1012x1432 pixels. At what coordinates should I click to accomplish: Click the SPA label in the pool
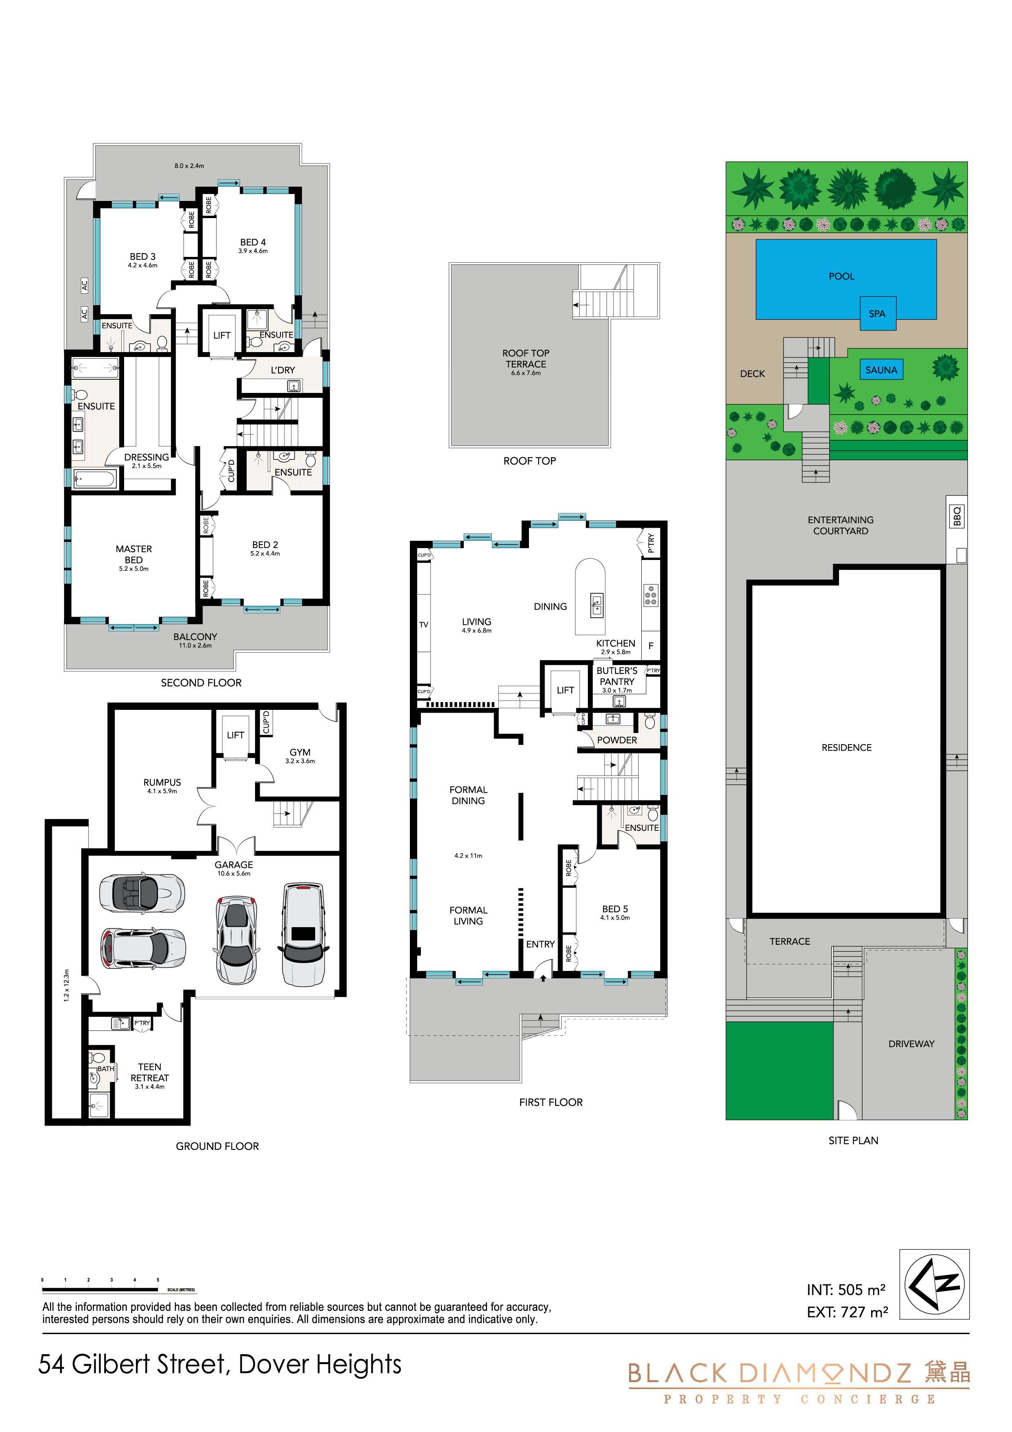(877, 314)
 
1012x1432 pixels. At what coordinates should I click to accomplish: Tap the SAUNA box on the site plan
(881, 370)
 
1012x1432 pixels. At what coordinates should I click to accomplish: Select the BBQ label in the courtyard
(958, 516)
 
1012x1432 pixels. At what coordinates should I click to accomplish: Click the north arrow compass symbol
(934, 1284)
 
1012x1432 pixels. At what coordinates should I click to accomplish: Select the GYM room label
(300, 752)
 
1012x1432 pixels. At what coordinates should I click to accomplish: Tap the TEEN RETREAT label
(150, 1072)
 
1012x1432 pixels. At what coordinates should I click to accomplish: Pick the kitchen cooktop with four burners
(650, 594)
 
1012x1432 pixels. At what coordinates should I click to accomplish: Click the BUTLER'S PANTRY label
(617, 676)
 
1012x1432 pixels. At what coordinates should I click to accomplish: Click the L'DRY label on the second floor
(282, 370)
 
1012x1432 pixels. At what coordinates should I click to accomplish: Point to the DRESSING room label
(147, 457)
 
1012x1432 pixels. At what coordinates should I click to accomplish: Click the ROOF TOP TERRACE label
(526, 359)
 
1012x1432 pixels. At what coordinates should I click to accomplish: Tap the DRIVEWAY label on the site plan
(911, 1044)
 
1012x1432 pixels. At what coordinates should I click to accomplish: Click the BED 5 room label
(615, 909)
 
